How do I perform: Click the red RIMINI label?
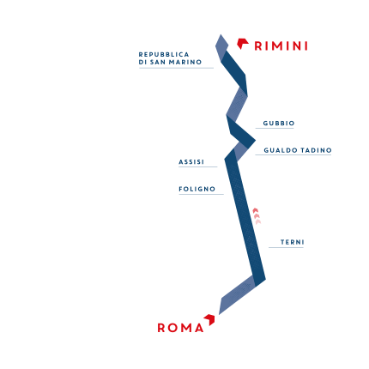(281, 45)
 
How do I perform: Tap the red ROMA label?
(180, 328)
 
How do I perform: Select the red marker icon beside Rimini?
(243, 44)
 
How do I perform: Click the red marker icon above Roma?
(209, 319)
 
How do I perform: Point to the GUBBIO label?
(279, 124)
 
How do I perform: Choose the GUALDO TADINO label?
(298, 150)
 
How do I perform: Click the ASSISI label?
(191, 162)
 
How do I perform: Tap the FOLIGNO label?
(197, 189)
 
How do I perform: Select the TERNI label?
(292, 242)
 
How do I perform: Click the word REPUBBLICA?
(164, 54)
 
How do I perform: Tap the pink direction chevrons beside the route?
(257, 216)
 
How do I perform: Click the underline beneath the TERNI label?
(286, 247)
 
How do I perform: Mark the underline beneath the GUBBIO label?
(275, 128)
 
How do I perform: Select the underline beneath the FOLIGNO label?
(201, 195)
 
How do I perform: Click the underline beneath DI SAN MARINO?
(176, 68)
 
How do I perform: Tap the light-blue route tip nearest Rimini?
(221, 35)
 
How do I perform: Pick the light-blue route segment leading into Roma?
(237, 294)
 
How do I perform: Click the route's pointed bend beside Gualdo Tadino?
(255, 141)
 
